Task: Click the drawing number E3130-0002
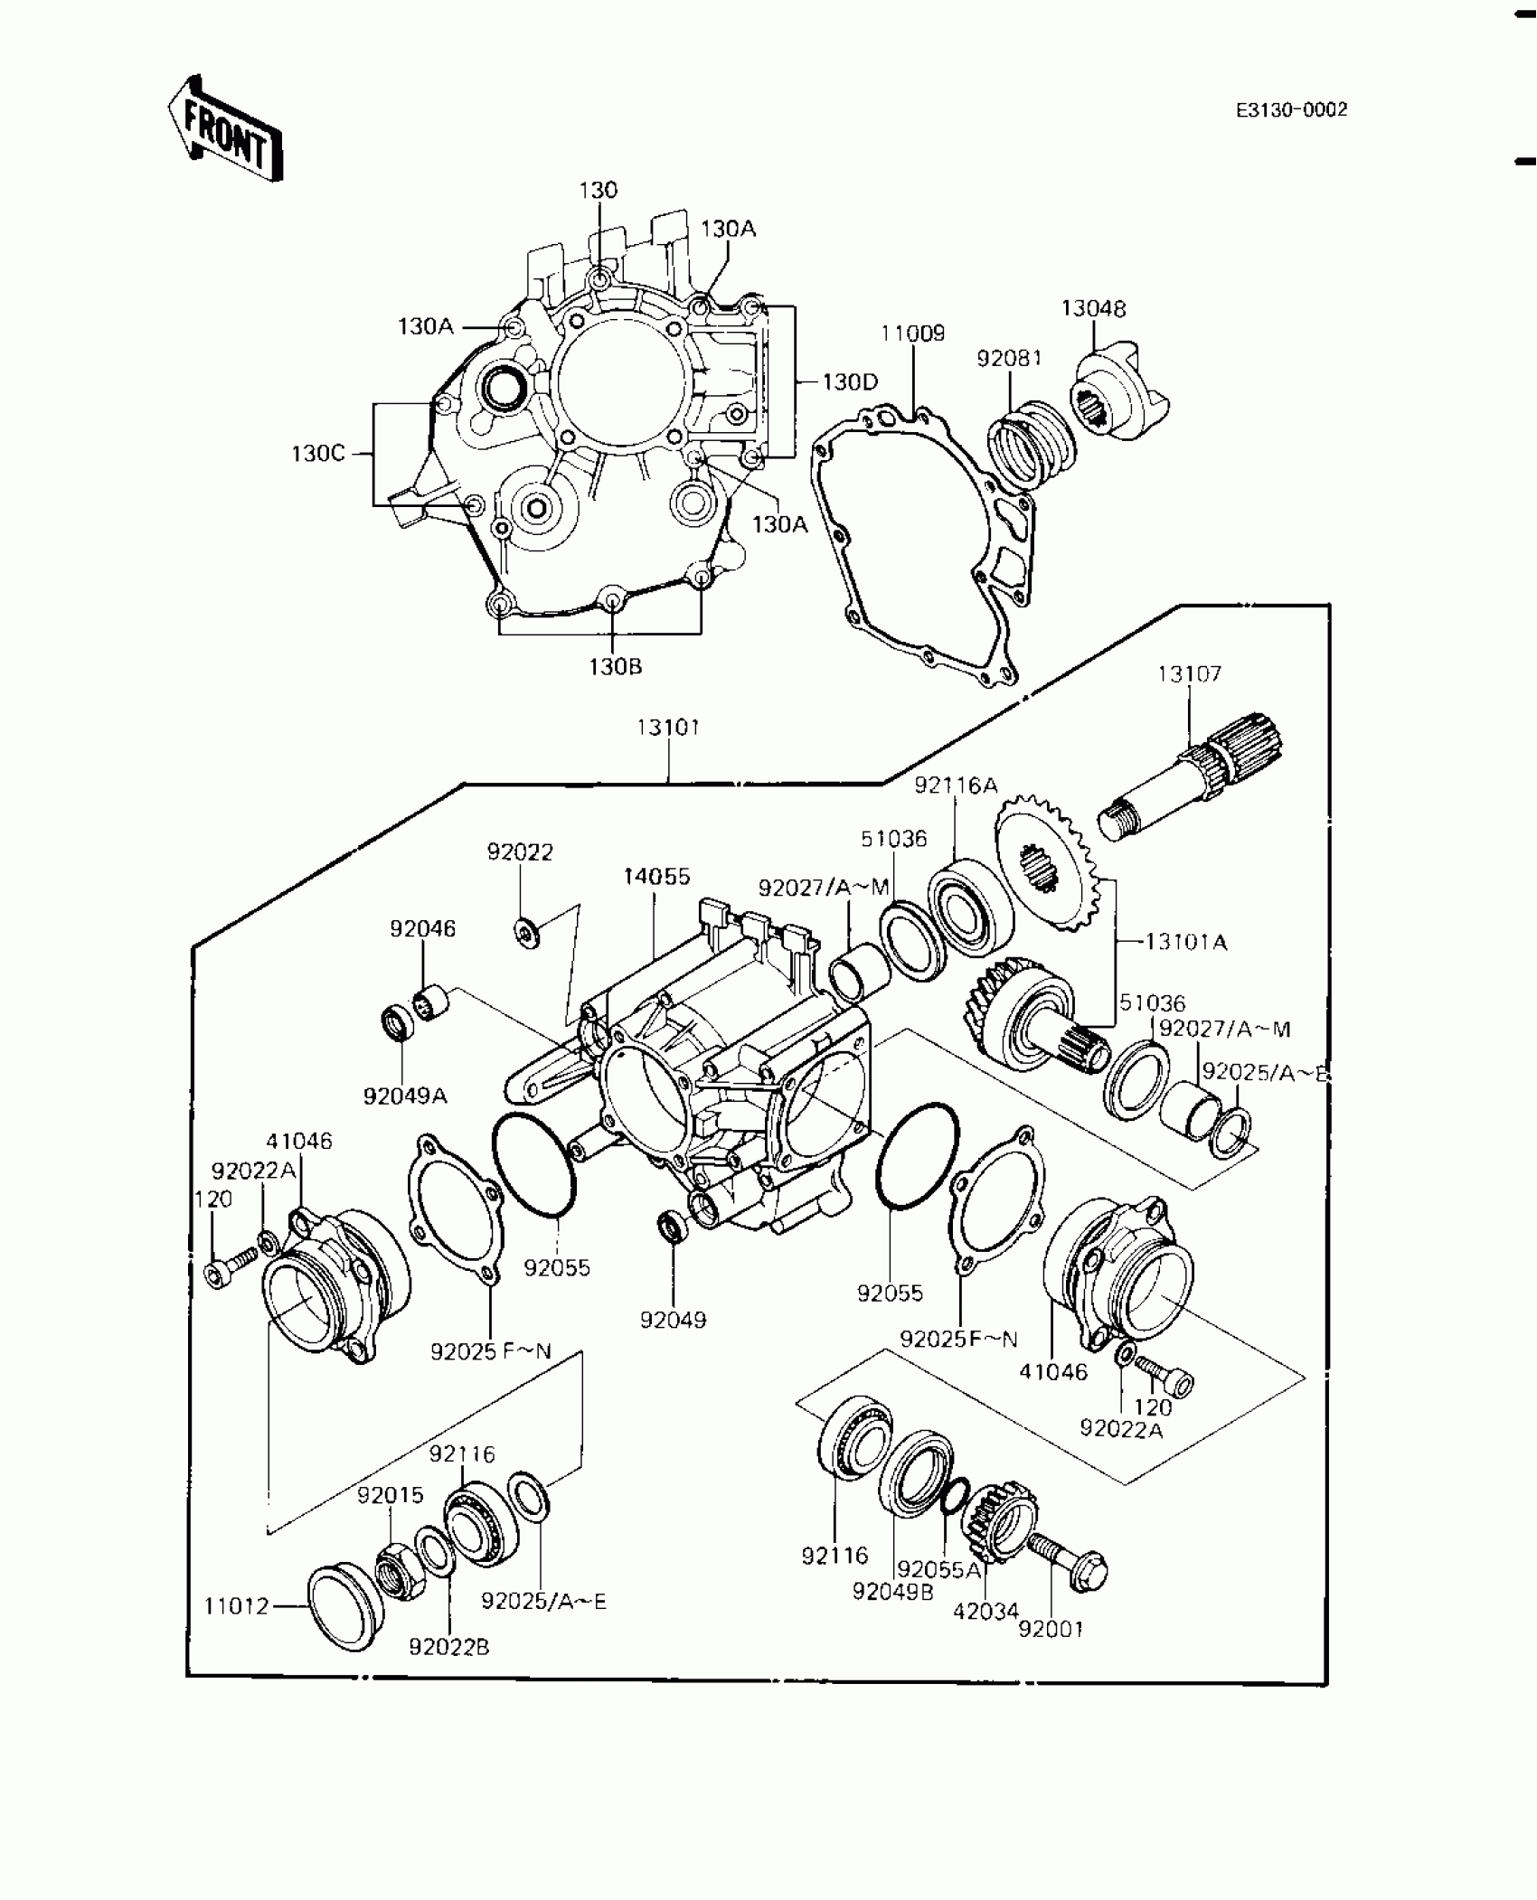click(x=1291, y=110)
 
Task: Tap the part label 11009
click(x=913, y=334)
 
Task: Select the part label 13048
click(x=1093, y=308)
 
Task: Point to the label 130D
click(x=850, y=382)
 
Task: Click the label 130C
click(x=318, y=453)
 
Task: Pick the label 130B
click(x=615, y=667)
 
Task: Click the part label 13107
click(x=1189, y=673)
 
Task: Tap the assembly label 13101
click(x=669, y=728)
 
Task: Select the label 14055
click(x=656, y=876)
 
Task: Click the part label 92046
click(x=422, y=928)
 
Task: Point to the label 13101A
click(x=1185, y=942)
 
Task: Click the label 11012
click(x=236, y=1606)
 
